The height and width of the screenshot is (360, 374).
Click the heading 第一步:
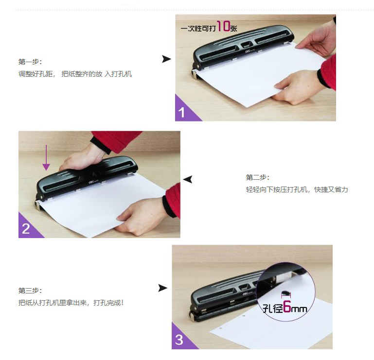click(30, 62)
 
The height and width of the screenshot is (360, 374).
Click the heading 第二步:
click(258, 177)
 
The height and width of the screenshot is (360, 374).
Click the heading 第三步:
click(30, 291)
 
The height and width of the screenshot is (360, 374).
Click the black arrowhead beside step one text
click(166, 59)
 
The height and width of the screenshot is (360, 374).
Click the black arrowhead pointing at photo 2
click(188, 179)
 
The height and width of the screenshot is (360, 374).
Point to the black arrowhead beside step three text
click(162, 288)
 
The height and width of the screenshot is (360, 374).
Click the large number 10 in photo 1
click(224, 26)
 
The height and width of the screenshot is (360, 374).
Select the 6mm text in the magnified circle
click(295, 307)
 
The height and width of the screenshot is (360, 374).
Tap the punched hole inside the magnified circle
click(285, 292)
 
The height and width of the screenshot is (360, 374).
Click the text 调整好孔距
click(36, 74)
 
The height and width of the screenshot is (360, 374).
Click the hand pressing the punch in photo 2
click(82, 158)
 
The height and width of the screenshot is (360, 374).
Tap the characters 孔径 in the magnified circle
click(273, 308)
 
